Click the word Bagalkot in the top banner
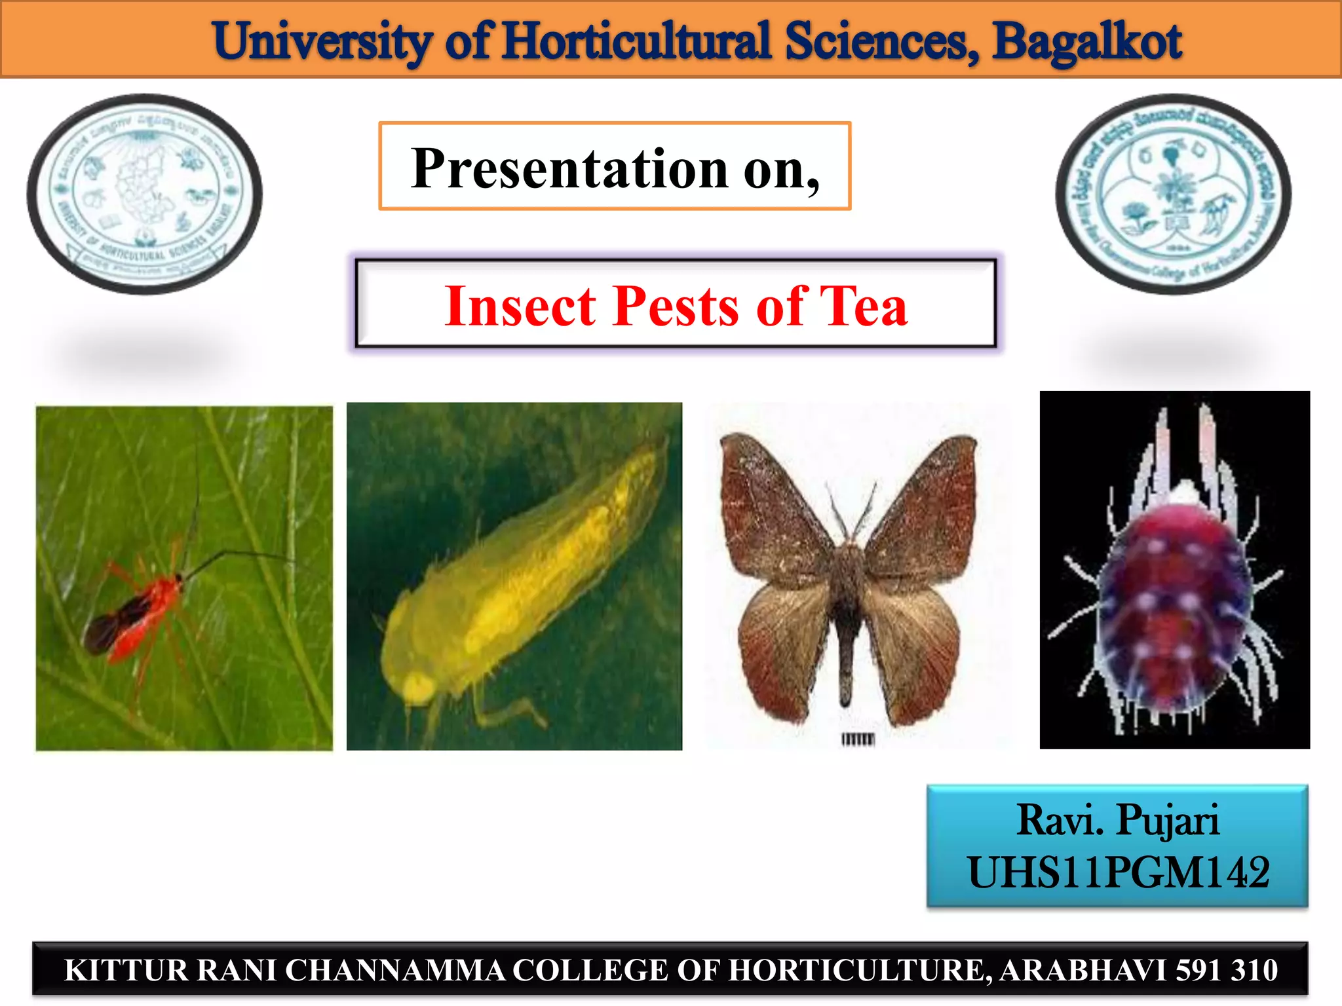(1086, 41)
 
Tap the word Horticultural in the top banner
(637, 41)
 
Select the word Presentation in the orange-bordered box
(569, 168)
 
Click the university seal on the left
(145, 194)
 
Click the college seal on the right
(1173, 194)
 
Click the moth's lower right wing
(917, 648)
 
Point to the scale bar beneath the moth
(857, 739)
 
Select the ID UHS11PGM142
(1118, 872)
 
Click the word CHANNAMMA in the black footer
(395, 970)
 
